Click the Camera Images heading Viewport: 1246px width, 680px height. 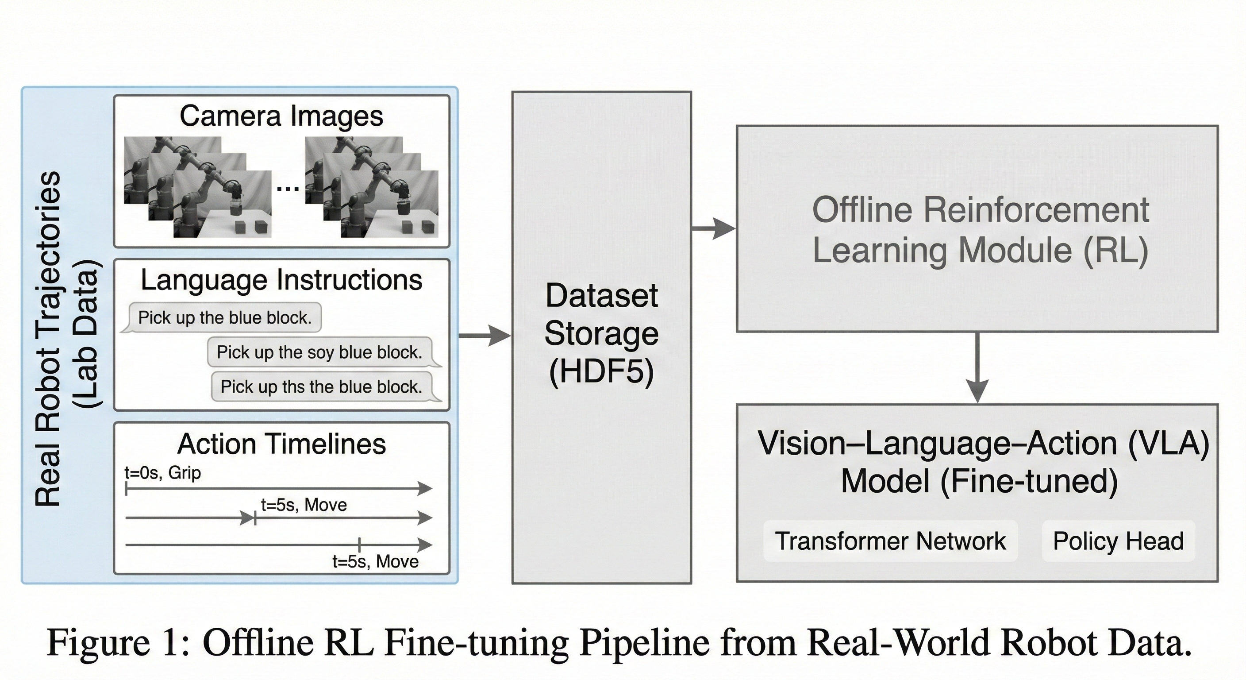pos(281,116)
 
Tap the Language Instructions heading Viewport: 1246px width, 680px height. pos(281,280)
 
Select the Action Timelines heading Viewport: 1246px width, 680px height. pos(281,444)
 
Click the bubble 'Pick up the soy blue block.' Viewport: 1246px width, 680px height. pos(319,352)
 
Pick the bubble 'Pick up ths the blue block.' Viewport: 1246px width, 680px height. pos(321,386)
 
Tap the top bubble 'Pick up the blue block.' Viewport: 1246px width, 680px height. pos(225,317)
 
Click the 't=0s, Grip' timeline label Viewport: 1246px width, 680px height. pos(162,472)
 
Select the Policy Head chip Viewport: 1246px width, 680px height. pos(1118,541)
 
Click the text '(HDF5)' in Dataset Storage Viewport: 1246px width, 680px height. pos(601,372)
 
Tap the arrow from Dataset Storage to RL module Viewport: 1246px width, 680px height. pos(713,228)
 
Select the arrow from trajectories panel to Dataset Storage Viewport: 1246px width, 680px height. pos(484,335)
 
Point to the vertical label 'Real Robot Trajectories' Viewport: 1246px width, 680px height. pos(48,339)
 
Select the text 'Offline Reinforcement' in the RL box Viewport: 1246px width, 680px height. pos(980,209)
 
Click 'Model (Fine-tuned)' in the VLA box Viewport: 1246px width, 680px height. pos(979,481)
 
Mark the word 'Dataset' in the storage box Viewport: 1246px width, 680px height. pos(601,295)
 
